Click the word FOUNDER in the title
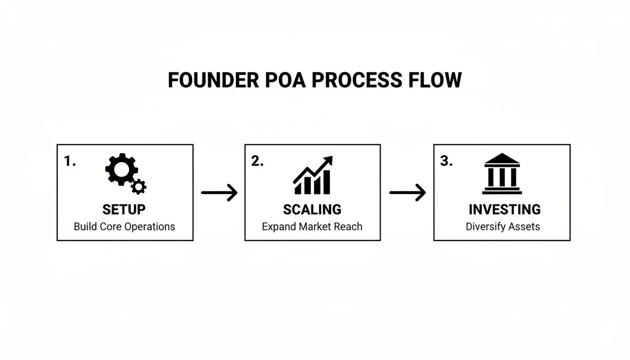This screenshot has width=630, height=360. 213,81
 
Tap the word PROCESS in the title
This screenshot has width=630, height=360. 357,81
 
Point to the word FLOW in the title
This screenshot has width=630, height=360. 435,81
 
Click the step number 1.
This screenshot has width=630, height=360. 69,161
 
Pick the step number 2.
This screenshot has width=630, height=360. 257,161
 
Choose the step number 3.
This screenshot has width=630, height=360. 446,161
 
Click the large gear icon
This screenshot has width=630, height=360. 121,169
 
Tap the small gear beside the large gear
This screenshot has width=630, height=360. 139,187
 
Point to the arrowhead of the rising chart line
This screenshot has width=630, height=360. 328,160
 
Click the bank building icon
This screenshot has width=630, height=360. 502,174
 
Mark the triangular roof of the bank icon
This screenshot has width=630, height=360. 502,159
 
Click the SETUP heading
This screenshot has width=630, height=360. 124,209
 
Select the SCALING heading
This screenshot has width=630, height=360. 312,209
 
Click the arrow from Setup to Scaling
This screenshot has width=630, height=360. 219,193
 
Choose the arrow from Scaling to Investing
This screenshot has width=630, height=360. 407,193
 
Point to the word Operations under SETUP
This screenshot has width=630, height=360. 150,227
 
